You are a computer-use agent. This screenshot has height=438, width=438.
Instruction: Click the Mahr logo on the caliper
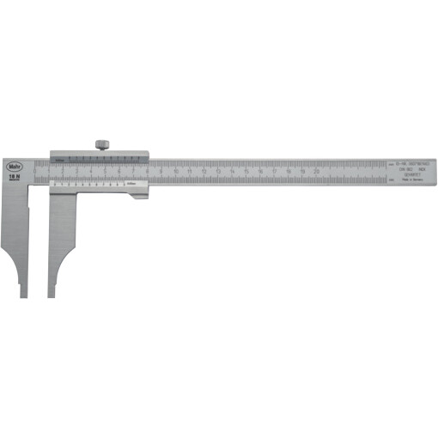coord(14,166)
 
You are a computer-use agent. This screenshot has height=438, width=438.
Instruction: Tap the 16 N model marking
coord(14,176)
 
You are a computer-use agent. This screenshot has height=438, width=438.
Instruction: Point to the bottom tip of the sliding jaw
coord(51,295)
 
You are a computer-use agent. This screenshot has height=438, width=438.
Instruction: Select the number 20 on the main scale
coord(317,172)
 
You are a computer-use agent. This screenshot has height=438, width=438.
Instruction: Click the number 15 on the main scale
coord(246,172)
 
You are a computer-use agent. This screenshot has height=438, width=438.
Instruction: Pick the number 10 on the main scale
coord(176,172)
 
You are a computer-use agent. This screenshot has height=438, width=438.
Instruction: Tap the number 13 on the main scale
coord(218,172)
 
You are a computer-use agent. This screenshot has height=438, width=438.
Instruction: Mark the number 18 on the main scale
coord(289,172)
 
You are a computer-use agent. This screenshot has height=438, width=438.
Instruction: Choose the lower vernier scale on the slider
coord(86,185)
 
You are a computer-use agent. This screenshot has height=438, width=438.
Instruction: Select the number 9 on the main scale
coord(162,172)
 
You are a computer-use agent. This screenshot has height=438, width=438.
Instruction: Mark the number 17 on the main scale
coord(275,172)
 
